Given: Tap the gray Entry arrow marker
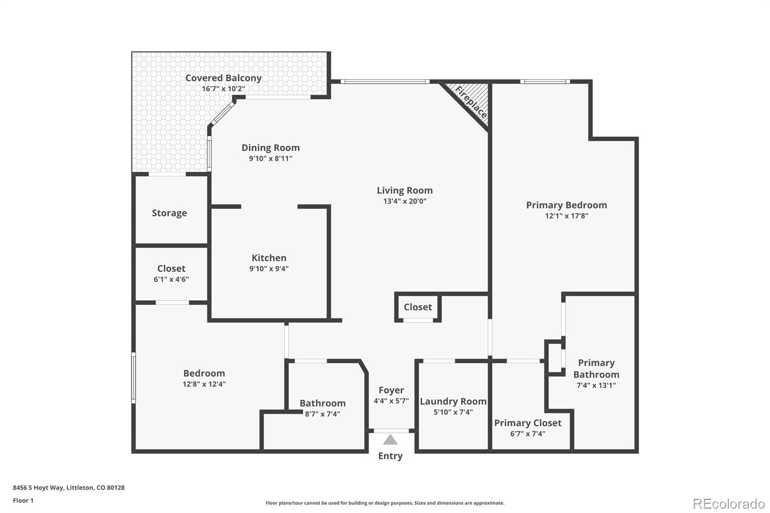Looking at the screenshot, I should [390, 440].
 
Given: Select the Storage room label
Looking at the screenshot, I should [169, 213].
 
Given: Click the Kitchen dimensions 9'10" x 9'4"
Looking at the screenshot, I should [269, 269].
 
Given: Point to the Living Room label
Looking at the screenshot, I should [405, 190].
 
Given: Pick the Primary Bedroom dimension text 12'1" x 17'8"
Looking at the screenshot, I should [566, 216].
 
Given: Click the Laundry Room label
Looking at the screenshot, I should [453, 401].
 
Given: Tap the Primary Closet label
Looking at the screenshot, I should [527, 423].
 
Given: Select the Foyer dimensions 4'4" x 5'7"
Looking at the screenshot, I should [391, 400].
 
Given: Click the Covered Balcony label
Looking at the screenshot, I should [223, 77].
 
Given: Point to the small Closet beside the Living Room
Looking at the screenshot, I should [418, 307].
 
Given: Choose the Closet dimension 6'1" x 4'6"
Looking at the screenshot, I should [171, 279].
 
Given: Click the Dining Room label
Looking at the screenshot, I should [270, 147].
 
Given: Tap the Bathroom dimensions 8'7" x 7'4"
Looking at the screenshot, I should [322, 414].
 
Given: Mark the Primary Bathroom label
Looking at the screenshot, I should [596, 368].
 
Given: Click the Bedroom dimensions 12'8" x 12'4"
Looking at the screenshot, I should [204, 384].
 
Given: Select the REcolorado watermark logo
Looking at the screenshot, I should [729, 503].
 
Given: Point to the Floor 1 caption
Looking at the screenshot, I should [23, 500].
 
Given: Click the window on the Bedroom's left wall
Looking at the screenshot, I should [134, 377].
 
